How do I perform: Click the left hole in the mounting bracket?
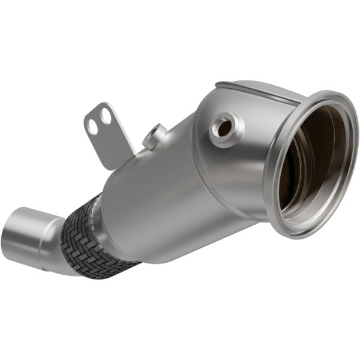pos(94,126)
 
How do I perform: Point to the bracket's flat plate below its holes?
pos(111,144)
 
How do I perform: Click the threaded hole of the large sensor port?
pos(223,127)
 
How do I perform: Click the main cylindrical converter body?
pos(156,192)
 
